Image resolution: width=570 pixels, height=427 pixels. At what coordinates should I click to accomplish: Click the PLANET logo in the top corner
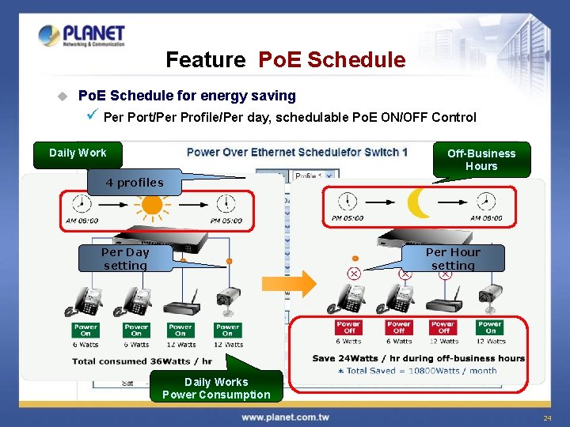(x=82, y=36)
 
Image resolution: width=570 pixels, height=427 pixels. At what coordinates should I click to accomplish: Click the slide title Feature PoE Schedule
(x=285, y=60)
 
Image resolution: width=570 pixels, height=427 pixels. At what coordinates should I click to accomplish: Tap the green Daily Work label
(x=78, y=153)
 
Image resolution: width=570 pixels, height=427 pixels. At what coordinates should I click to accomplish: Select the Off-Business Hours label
(x=481, y=160)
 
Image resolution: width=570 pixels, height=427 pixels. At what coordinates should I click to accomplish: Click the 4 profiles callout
(x=135, y=183)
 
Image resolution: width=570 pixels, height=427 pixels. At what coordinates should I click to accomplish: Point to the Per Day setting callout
(x=125, y=259)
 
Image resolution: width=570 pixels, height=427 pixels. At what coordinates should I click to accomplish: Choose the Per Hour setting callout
(x=453, y=259)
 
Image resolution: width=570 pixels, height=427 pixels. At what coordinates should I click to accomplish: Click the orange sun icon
(x=150, y=205)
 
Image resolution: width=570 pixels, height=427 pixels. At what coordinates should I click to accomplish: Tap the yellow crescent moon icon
(x=418, y=204)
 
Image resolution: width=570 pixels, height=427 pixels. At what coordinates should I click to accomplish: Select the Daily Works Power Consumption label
(x=216, y=388)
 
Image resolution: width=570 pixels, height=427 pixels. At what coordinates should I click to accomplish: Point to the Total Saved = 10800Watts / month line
(x=417, y=370)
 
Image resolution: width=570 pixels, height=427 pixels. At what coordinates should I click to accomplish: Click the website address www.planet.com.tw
(x=285, y=417)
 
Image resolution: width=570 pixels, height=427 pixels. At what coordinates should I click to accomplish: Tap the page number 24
(x=546, y=418)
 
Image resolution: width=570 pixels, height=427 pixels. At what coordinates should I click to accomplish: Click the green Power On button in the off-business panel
(x=490, y=327)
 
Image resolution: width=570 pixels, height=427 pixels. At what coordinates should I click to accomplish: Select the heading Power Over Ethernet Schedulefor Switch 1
(x=297, y=152)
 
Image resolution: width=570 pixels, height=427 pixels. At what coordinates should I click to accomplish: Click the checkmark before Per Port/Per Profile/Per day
(x=93, y=117)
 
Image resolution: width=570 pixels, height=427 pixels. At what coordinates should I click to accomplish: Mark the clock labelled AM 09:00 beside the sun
(x=80, y=205)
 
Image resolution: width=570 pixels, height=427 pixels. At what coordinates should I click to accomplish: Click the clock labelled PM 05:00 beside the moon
(x=347, y=203)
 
